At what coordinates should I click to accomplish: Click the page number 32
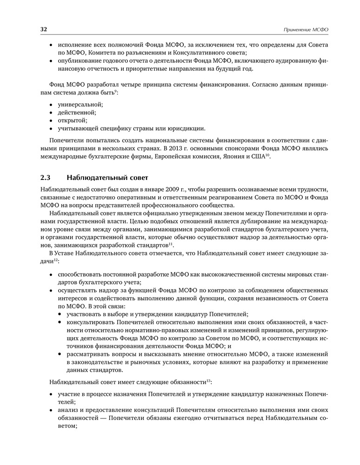44,29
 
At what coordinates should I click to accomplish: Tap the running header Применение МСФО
306,30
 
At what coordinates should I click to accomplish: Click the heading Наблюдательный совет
107,177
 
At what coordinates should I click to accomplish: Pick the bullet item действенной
77,112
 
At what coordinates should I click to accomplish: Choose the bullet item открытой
73,120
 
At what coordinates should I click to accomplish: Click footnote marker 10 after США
267,155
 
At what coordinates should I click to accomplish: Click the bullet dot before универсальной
51,104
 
